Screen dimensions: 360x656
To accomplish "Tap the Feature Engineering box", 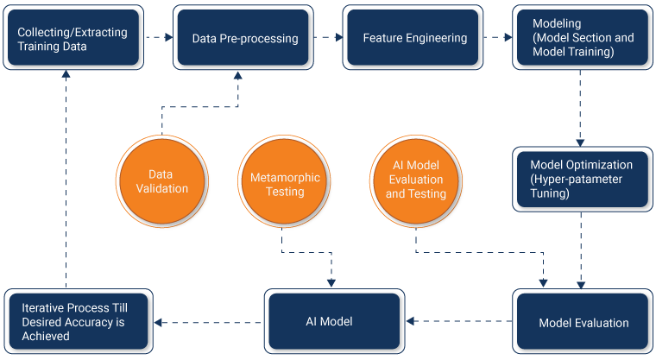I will pyautogui.click(x=414, y=39).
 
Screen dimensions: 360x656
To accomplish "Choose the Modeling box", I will pyautogui.click(x=581, y=39).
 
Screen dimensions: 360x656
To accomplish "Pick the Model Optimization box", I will pyautogui.click(x=581, y=180).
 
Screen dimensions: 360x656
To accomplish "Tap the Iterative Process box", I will pyautogui.click(x=78, y=322).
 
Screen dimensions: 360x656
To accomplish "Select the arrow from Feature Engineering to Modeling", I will pyautogui.click(x=498, y=38).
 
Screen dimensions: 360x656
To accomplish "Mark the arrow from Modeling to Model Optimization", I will pyautogui.click(x=580, y=108).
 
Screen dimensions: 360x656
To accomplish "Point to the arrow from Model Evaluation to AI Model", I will pyautogui.click(x=458, y=322).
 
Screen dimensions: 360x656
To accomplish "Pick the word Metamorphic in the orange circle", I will pyautogui.click(x=285, y=177).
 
